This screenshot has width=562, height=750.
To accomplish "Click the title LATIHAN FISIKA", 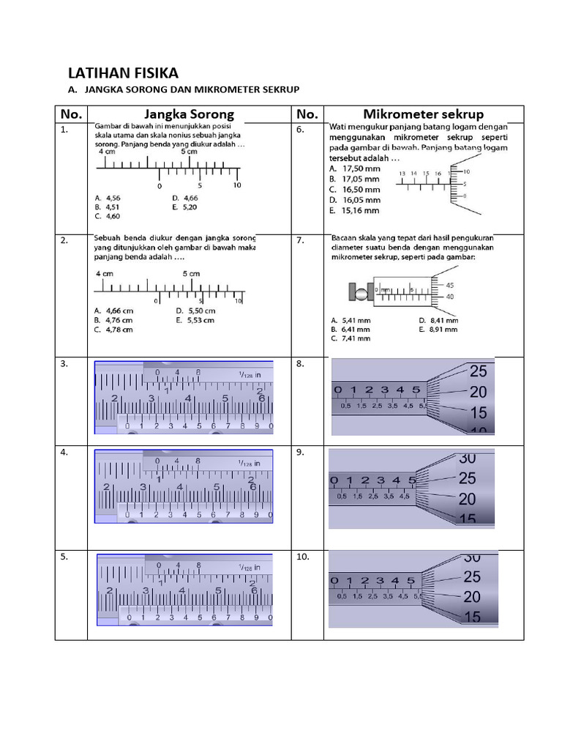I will coord(122,73).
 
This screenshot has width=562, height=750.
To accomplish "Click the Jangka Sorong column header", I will coord(189,114).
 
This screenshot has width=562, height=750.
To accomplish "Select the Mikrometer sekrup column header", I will coord(423,114).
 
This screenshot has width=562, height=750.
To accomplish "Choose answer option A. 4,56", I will coord(108,198).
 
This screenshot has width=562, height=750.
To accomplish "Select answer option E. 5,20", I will coord(185,207).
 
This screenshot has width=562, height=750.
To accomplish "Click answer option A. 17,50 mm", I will coord(355,168).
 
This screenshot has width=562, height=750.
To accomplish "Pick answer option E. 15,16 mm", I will coord(355,210).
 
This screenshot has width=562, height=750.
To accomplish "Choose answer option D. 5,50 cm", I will coord(195,311).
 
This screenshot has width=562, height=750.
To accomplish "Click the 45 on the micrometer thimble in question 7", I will coord(449,286).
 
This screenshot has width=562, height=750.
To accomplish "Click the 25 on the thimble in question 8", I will coord(478,371).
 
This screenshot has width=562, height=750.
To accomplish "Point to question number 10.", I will coord(303,557).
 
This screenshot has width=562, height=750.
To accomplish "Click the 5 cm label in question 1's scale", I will coord(189,152).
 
